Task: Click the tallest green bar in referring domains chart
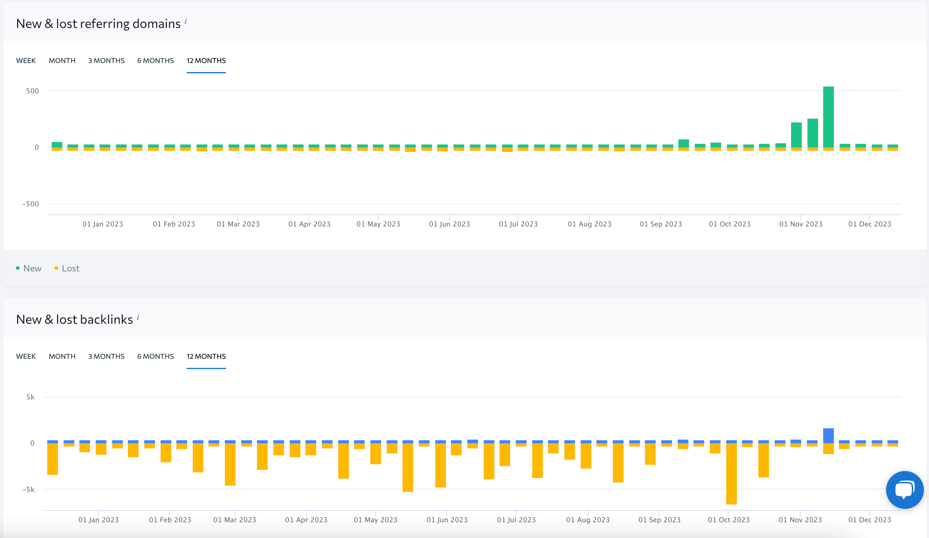pos(828,117)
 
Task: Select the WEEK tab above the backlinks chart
pos(26,356)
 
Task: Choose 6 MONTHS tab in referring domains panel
pos(155,61)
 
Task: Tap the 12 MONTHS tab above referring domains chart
pos(206,61)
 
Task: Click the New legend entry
pos(32,268)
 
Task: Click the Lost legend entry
pos(70,268)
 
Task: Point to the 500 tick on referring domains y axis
pos(33,91)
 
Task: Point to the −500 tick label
pos(31,204)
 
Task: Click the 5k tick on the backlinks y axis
pos(31,397)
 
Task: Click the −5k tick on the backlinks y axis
pos(28,490)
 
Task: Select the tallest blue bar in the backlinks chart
pos(828,436)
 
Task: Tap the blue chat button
pos(905,490)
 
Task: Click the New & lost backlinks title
pos(74,319)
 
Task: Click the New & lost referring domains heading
pos(98,24)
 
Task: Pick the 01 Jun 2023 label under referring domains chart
pos(449,224)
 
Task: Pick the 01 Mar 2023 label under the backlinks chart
pos(235,520)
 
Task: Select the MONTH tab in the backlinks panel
pos(62,356)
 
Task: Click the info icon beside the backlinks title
pos(138,317)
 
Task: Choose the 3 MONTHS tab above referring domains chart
pos(106,61)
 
